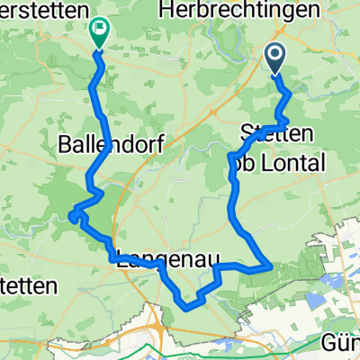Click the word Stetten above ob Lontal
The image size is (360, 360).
277,134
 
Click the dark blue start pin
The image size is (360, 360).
275,60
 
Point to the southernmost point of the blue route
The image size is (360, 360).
187,307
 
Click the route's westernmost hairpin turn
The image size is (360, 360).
71,213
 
